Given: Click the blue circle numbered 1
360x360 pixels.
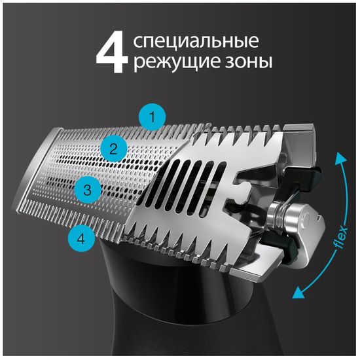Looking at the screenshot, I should [152, 118].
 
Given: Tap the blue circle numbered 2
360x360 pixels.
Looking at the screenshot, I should [113, 149].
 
